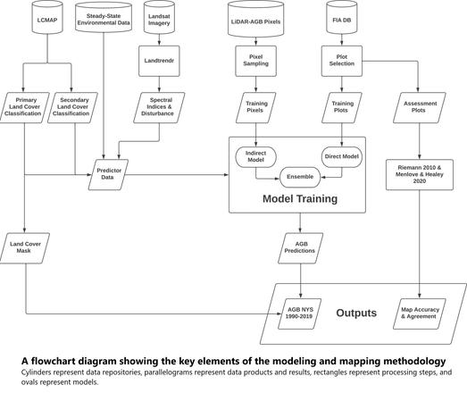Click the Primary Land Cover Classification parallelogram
pyautogui.click(x=26, y=109)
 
